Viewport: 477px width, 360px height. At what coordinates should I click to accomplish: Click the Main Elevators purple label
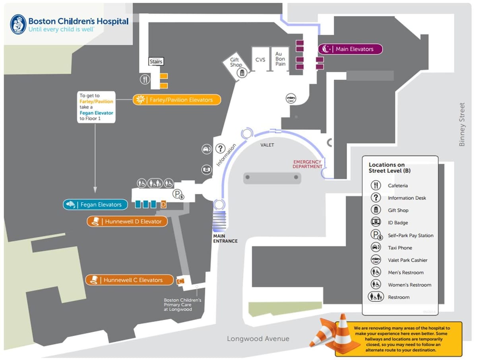pos(350,49)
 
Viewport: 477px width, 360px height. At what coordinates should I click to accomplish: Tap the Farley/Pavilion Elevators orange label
pos(176,100)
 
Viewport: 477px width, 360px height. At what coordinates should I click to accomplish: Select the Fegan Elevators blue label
pos(95,205)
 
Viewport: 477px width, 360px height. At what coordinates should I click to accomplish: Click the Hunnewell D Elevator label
pos(127,221)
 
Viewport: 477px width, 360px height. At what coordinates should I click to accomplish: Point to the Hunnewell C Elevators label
pos(130,280)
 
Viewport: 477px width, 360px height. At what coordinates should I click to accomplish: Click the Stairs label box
pos(156,62)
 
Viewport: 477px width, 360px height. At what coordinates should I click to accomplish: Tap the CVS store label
pos(260,60)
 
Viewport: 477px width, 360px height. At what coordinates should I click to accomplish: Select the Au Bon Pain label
pos(280,59)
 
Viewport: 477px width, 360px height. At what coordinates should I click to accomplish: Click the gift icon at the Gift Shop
pos(242,73)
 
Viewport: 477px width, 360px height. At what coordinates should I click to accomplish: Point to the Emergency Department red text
pos(307,164)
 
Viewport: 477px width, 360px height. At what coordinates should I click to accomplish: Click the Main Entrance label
pos(225,238)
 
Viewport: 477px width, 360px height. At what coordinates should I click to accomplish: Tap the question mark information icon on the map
pos(220,149)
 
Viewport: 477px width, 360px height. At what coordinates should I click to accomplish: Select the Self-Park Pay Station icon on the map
pos(178,194)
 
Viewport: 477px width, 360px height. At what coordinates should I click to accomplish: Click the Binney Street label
pos(462,124)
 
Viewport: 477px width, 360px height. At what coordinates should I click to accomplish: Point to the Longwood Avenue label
pos(258,339)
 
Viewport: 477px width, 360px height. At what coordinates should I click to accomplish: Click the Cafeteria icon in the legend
pos(376,186)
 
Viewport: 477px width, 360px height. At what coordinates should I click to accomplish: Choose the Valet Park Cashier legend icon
pos(376,260)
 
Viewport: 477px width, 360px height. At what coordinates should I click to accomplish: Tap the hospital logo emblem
pos(18,24)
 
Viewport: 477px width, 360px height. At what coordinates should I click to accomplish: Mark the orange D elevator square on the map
pos(163,204)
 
